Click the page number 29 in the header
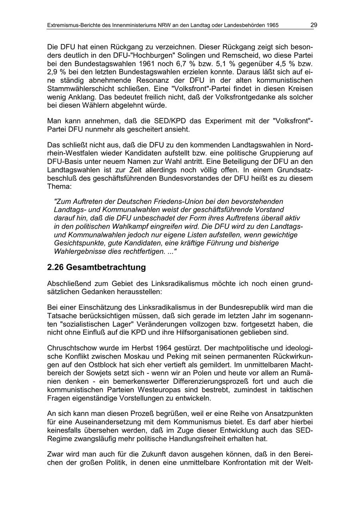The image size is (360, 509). [314, 25]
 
